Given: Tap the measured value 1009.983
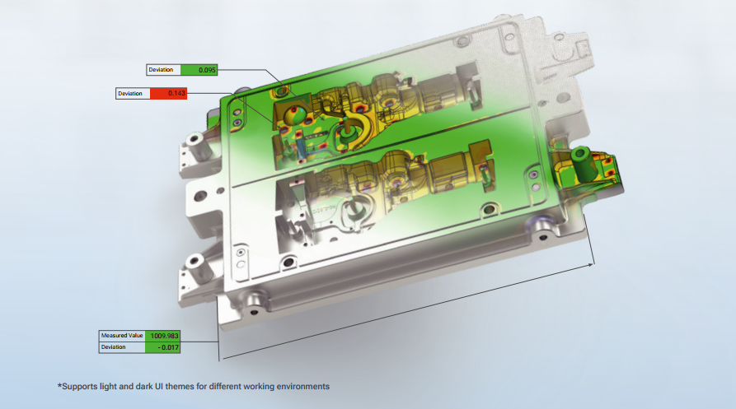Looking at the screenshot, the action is coord(163,336).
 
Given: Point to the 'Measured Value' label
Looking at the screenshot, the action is coord(122,336).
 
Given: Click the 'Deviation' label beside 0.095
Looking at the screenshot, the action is coord(161,70).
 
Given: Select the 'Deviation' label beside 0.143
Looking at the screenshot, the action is coord(130,94).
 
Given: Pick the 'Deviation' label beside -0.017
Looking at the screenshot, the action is coord(113,347).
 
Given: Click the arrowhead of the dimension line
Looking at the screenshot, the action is coord(591,265).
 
